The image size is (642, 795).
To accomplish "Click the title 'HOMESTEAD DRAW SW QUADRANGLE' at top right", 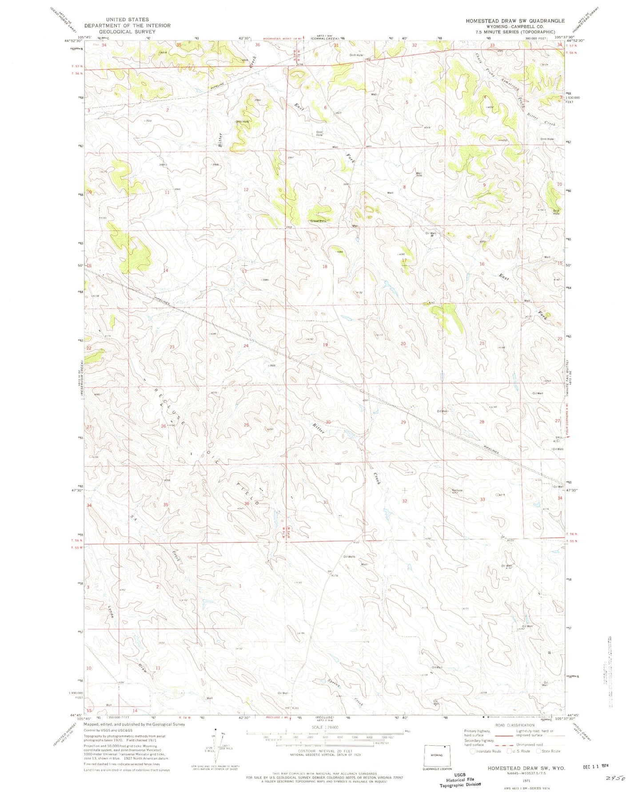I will tap(515, 21).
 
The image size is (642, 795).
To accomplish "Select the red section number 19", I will tap(325, 344).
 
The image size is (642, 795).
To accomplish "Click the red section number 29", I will tap(403, 422).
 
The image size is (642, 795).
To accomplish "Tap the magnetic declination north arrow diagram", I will tap(217, 746).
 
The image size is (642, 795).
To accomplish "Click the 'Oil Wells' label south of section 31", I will tap(349, 557).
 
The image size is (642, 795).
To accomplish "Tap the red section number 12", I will tap(246, 190).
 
